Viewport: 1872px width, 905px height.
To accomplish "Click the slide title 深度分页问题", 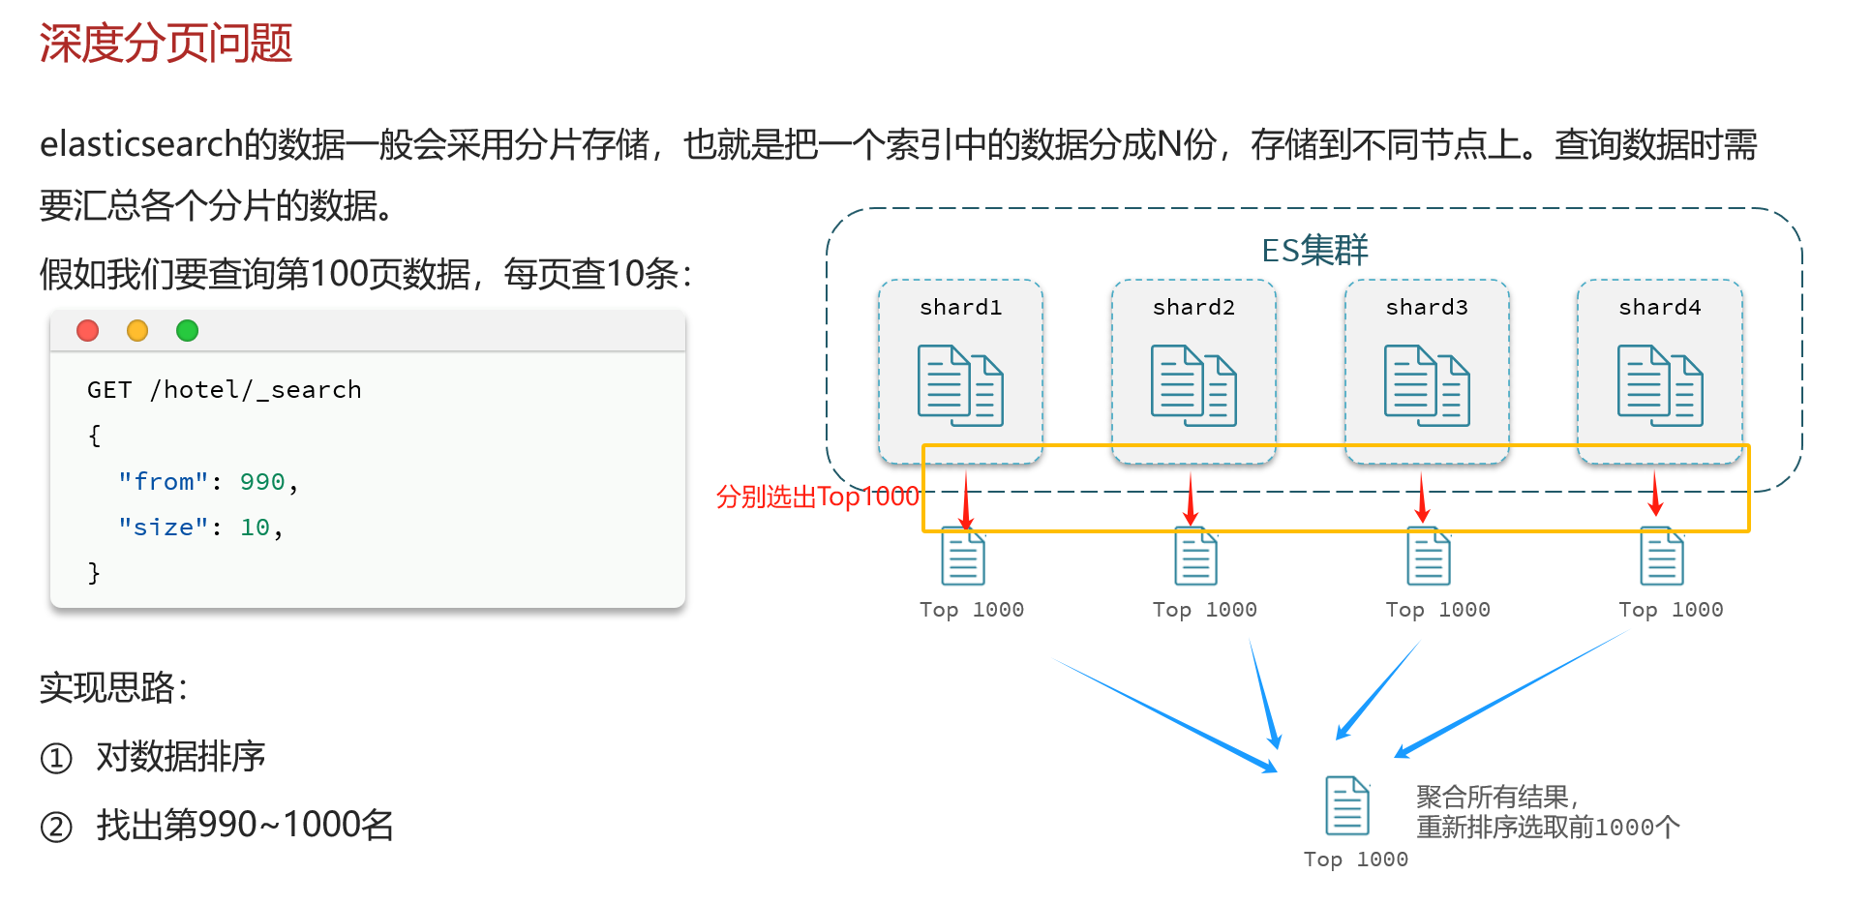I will [166, 44].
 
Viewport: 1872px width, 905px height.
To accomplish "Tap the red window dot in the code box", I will [88, 331].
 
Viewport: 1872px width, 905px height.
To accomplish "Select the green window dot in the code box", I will [187, 331].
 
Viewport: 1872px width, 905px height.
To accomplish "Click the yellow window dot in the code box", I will [137, 331].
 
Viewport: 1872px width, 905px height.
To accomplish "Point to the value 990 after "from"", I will [262, 482].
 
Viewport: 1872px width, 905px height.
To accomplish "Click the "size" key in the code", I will [163, 528].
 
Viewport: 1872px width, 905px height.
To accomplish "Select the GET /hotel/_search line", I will [224, 390].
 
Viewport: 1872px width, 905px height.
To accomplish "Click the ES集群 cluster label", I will [1313, 251].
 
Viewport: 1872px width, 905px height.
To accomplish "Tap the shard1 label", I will [960, 308].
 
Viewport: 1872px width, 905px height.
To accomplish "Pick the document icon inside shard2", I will [1193, 385].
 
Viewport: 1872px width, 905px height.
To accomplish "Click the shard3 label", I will [1427, 308].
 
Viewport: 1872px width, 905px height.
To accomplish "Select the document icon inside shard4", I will [1660, 385].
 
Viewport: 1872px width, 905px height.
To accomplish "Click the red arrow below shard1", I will [965, 499].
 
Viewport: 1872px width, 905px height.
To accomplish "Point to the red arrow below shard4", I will [1655, 494].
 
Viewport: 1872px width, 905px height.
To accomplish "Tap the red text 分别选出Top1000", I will [817, 497].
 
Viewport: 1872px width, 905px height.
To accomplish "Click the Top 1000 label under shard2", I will [1204, 610].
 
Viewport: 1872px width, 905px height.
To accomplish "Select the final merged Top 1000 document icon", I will [1347, 805].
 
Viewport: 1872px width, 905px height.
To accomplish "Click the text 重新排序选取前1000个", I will [1548, 828].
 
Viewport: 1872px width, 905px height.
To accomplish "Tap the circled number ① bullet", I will [56, 758].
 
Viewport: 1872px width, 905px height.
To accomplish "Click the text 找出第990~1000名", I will [245, 826].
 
